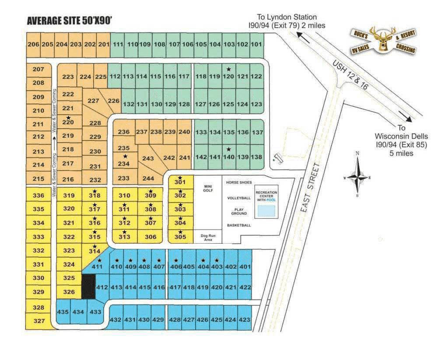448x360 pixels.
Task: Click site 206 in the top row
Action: [x=33, y=44]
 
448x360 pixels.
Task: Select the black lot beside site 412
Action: [x=89, y=287]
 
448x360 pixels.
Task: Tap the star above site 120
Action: [x=228, y=69]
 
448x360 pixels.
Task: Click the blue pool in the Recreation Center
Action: [x=266, y=211]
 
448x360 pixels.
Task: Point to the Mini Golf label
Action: [x=208, y=188]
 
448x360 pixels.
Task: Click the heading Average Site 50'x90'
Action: [x=70, y=21]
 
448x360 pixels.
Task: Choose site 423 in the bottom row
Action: [x=245, y=320]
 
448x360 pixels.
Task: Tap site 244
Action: [x=148, y=178]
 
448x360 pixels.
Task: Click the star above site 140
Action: [x=228, y=149]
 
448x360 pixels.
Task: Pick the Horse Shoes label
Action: [x=239, y=182]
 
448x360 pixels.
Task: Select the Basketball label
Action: [x=239, y=225]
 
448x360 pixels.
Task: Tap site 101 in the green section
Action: [x=256, y=44]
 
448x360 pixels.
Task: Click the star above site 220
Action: [x=68, y=118]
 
